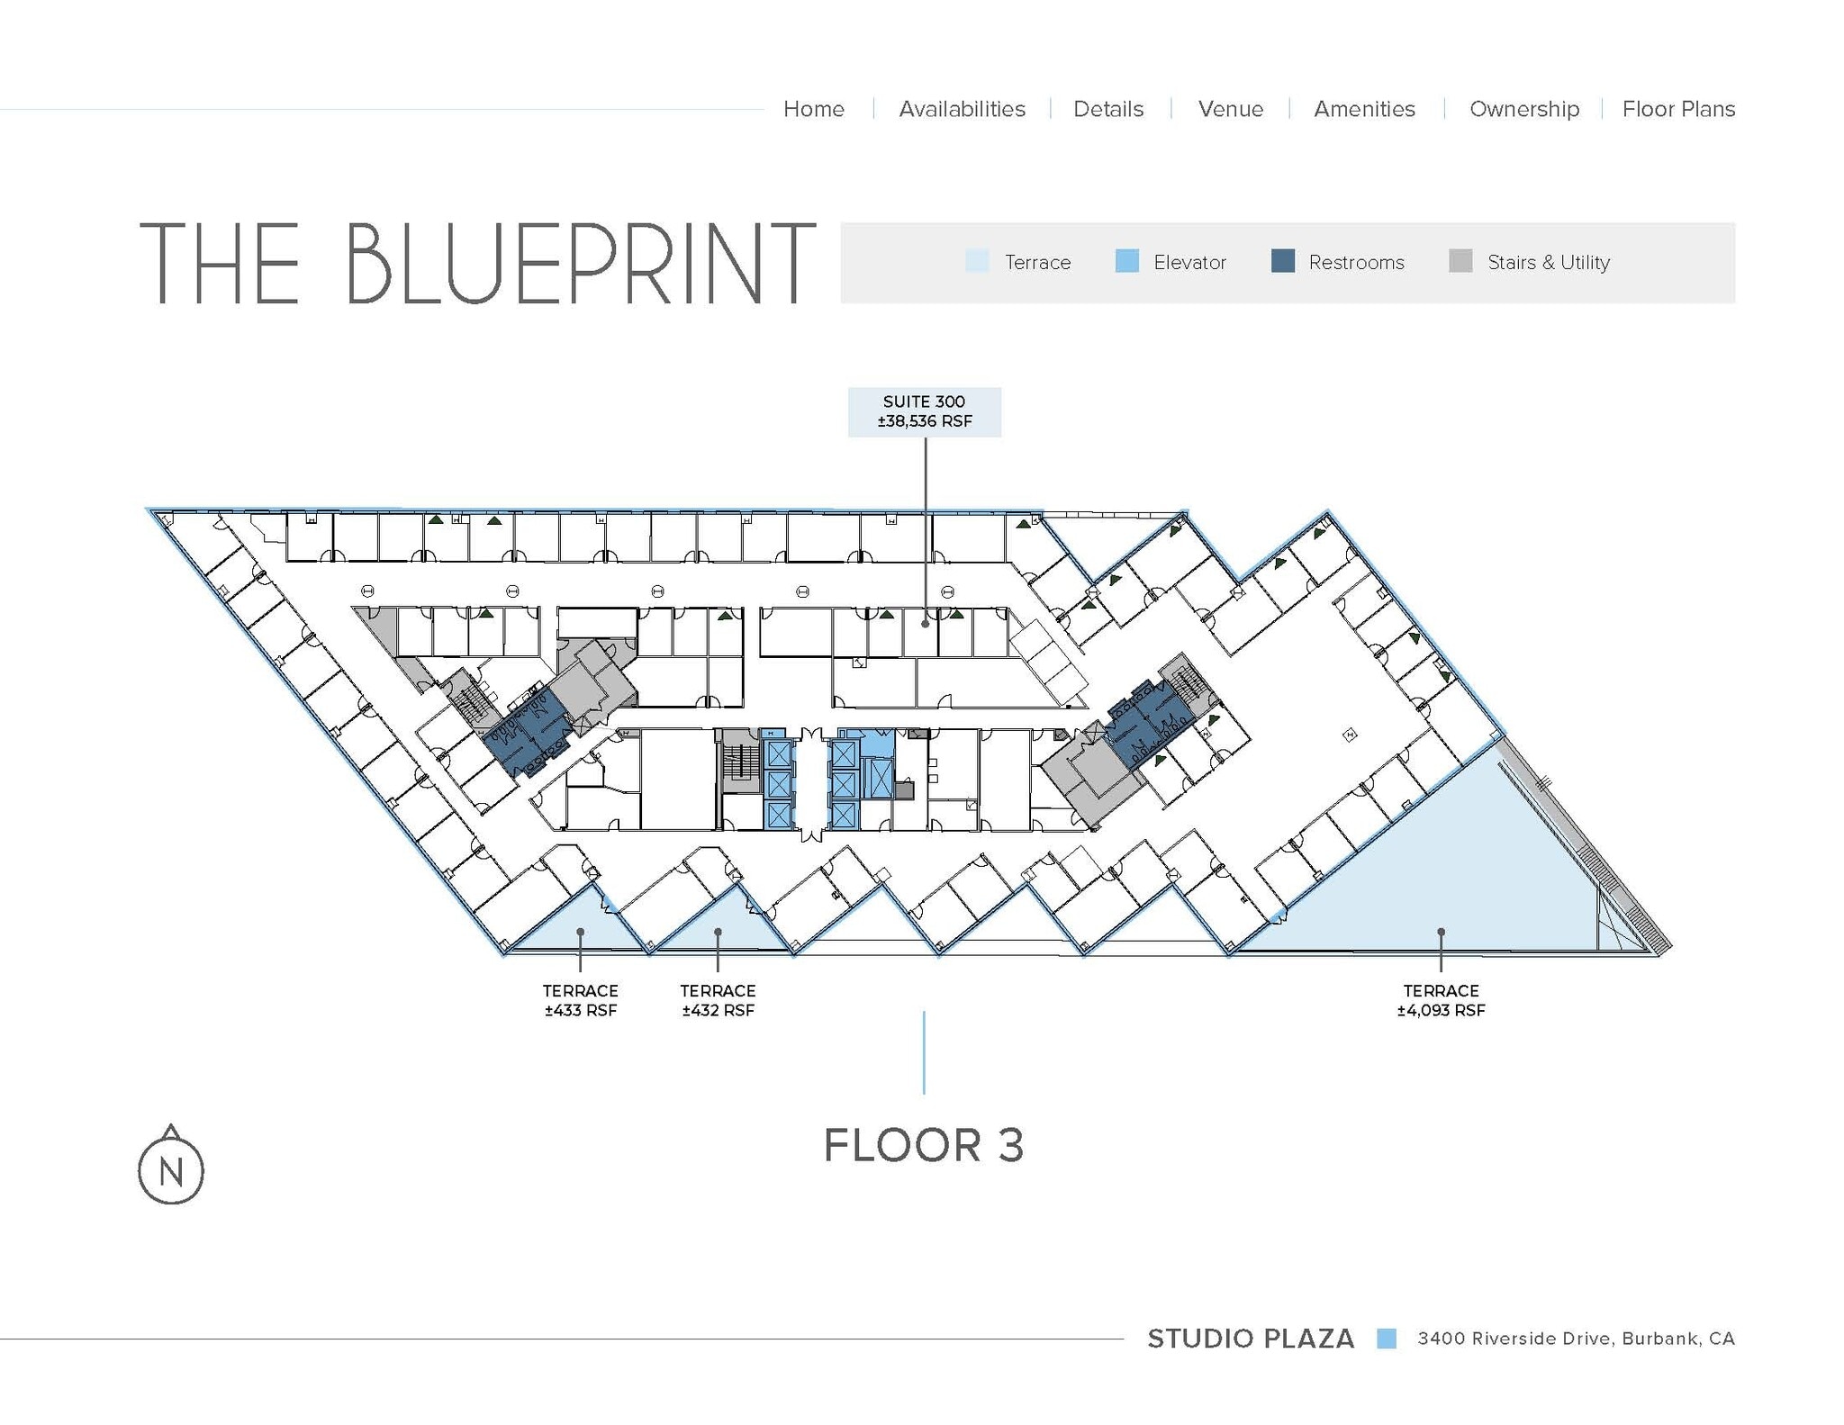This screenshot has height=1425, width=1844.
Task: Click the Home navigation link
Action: (813, 109)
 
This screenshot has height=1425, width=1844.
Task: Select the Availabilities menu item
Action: (962, 109)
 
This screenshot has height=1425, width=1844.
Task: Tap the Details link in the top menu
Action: (1107, 109)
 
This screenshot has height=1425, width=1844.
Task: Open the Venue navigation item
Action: (1230, 109)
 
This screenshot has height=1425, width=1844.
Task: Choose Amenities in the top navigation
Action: (1364, 109)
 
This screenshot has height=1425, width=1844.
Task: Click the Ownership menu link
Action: (1523, 109)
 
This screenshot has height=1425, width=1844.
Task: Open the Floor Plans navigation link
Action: (1678, 109)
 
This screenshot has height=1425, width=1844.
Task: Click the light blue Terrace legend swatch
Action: (977, 261)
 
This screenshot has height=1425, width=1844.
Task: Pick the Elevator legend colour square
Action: (1126, 261)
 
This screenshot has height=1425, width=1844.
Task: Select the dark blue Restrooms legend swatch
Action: (1282, 261)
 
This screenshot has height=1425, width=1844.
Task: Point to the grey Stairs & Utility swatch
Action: (1460, 261)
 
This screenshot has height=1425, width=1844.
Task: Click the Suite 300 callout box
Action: (924, 411)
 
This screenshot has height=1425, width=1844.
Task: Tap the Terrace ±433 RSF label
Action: (580, 1000)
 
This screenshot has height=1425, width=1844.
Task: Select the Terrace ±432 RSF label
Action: (718, 1000)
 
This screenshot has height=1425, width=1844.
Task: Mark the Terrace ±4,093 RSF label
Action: (1441, 1000)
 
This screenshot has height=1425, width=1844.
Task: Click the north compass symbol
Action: (171, 1168)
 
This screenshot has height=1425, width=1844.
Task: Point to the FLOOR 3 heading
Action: (924, 1145)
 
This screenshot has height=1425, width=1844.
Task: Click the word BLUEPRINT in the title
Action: (580, 263)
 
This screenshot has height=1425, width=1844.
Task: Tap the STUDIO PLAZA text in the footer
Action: (1250, 1339)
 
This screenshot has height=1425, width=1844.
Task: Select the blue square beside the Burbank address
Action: (1387, 1339)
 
